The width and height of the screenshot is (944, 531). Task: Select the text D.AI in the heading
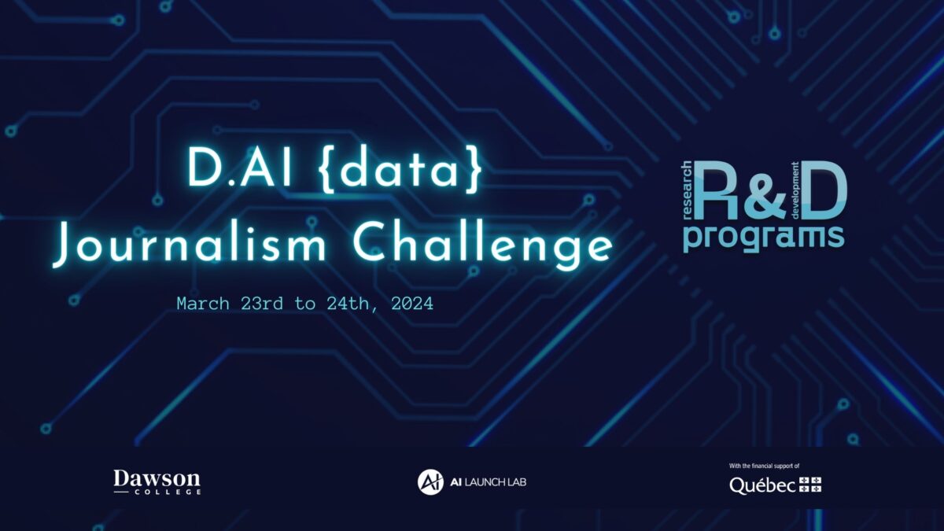[240, 168]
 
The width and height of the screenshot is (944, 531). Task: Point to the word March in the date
[203, 304]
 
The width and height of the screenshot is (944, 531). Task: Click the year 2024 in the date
[412, 304]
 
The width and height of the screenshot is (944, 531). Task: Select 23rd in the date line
[262, 304]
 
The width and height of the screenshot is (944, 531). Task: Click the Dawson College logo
[157, 482]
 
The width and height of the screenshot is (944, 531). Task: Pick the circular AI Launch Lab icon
[430, 481]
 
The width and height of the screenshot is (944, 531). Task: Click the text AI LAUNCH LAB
[488, 482]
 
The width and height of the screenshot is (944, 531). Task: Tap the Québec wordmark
[762, 485]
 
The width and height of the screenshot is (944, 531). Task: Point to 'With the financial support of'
[764, 466]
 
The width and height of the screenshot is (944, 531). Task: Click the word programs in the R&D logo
[764, 238]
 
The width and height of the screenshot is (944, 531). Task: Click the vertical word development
[795, 190]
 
